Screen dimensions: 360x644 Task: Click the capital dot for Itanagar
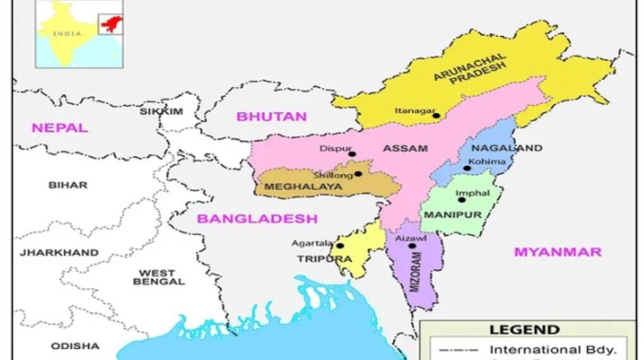436,116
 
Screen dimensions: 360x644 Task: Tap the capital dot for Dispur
352,153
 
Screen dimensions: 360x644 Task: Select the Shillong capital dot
358,174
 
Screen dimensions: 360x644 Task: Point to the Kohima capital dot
467,168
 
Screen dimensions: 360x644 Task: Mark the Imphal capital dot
462,200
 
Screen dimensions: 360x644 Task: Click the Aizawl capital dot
412,246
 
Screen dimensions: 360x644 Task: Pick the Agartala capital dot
340,246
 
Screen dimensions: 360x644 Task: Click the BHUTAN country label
271,116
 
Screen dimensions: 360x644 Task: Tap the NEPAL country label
60,128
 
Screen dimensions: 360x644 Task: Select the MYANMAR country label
558,252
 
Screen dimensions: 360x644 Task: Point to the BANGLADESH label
257,219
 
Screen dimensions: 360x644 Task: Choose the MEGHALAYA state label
304,187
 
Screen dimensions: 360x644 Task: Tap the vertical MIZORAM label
415,272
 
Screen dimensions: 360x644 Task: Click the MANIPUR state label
453,215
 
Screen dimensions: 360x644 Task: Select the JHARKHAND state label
59,253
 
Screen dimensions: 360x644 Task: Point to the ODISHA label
75,346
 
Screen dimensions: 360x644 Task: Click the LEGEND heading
516,330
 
